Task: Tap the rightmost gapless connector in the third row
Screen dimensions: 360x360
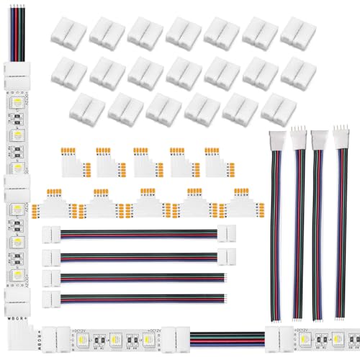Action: click(279, 107)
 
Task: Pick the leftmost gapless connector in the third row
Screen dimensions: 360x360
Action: click(89, 107)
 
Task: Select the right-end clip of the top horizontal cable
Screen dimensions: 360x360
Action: click(230, 234)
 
